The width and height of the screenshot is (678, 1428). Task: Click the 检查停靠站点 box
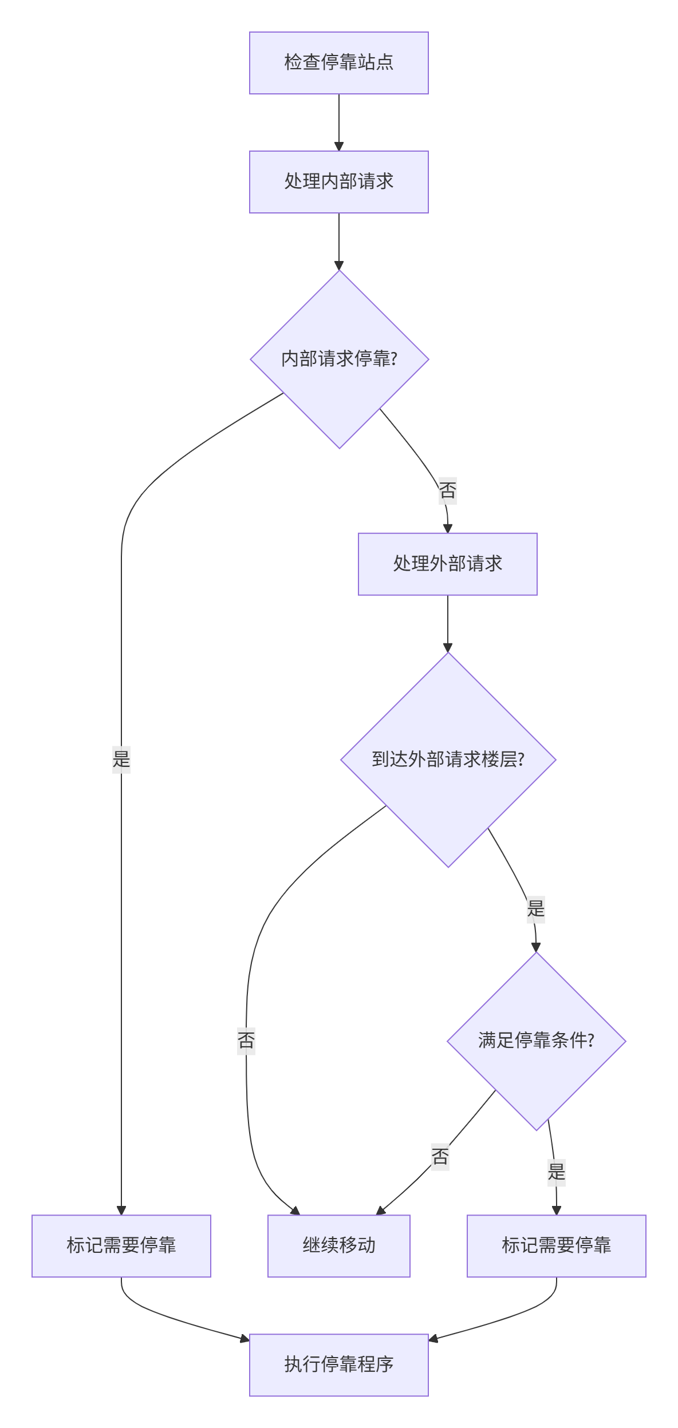click(x=338, y=63)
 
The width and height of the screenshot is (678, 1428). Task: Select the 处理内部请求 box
click(x=338, y=182)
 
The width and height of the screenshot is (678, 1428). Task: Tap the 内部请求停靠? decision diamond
click(x=339, y=359)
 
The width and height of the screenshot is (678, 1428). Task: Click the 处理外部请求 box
click(x=447, y=564)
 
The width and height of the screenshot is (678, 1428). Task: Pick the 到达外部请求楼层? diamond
click(x=448, y=760)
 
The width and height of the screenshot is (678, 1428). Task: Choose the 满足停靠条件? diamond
click(x=536, y=1040)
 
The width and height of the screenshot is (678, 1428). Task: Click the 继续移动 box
click(x=338, y=1245)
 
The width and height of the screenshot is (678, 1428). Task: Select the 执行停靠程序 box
click(x=338, y=1364)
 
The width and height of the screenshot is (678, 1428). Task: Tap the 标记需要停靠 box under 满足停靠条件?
click(x=556, y=1245)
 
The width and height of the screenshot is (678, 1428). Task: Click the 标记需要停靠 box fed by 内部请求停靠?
click(x=121, y=1245)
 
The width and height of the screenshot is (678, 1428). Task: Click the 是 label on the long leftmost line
click(x=121, y=760)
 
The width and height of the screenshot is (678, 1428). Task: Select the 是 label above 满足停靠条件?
click(x=535, y=909)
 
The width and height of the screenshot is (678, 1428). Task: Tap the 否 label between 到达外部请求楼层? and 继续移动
click(x=246, y=1040)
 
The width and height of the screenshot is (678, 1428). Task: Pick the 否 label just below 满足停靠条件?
click(x=440, y=1156)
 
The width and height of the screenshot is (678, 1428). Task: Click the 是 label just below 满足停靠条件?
click(x=556, y=1172)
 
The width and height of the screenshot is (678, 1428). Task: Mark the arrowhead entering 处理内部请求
click(x=338, y=147)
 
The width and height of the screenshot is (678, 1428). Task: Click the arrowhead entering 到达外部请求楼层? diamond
click(x=448, y=648)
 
